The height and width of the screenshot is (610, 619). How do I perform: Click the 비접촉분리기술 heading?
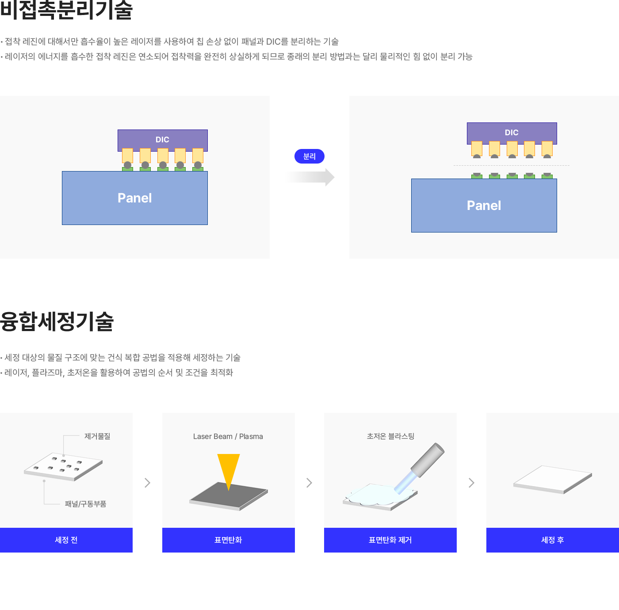click(66, 10)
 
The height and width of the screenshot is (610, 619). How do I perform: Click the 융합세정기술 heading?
click(57, 321)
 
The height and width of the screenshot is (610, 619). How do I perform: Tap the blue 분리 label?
click(309, 156)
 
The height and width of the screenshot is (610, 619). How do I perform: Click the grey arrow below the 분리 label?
click(309, 177)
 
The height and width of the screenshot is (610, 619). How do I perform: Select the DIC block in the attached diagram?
click(162, 140)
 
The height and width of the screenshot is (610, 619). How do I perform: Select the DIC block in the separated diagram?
click(512, 133)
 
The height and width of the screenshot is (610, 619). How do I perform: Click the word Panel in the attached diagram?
click(134, 198)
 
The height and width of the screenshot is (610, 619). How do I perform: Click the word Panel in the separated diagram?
click(484, 206)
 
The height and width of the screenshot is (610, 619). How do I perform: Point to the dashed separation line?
click(511, 166)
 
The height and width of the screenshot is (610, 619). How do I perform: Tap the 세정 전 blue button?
click(66, 540)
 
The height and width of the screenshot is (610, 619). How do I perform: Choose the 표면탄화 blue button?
click(228, 540)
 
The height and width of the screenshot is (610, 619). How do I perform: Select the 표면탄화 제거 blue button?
click(390, 540)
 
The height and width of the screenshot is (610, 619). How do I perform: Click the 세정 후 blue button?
click(552, 540)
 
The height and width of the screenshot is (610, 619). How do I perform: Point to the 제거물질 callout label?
click(97, 436)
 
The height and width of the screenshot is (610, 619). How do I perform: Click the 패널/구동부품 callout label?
click(85, 504)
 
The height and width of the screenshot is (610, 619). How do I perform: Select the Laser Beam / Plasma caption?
click(228, 436)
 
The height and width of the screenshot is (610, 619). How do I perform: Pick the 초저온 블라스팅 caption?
click(390, 436)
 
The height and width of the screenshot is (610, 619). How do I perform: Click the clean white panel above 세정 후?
click(552, 479)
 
